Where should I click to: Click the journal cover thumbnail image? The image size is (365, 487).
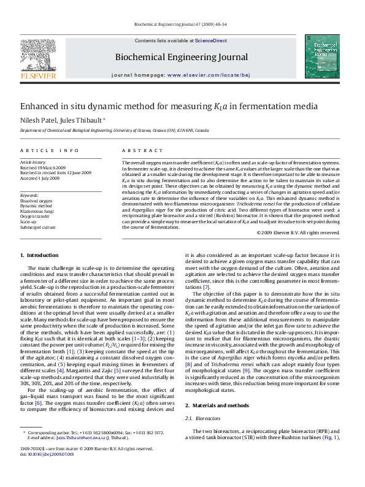coord(326,58)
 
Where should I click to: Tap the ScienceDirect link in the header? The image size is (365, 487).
coord(210,40)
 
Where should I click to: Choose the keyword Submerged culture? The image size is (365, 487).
coord(38,210)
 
